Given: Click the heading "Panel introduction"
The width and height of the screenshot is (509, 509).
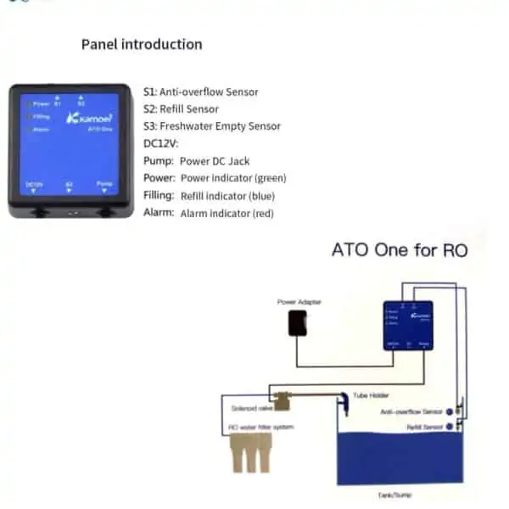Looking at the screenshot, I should pos(142,44).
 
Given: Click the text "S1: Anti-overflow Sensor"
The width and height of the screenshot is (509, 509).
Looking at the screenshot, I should pos(201,92).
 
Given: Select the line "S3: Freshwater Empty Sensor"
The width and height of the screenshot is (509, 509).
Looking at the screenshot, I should pos(211,126).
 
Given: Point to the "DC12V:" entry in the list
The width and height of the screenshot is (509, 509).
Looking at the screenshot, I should pos(159,143).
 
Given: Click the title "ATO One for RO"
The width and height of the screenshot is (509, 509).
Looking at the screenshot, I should pos(399,250).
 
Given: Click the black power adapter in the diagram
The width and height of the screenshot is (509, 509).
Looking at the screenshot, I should pos(297,322).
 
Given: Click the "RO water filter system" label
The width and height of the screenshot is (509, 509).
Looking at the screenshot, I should pos(262,427).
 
